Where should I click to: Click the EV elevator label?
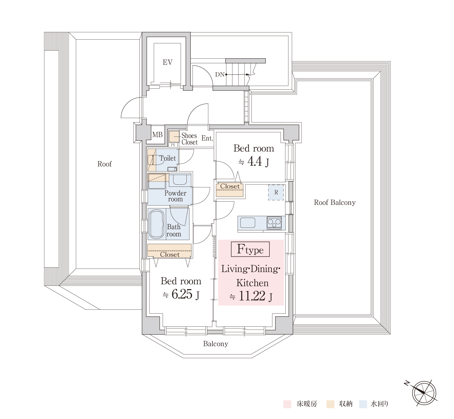168,62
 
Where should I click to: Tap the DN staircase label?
220,74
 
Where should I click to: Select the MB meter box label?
157,135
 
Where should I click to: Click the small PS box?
173,145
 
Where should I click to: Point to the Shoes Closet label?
189,139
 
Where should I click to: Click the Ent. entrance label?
207,138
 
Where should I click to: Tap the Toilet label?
168,158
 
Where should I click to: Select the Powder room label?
175,196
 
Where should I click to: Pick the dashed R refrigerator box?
276,192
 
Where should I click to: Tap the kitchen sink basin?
248,223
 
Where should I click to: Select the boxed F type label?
250,249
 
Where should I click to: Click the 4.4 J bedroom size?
254,162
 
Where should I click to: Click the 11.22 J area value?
251,296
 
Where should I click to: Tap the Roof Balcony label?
335,203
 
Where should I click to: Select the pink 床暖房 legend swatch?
287,404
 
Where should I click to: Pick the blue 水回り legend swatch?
363,404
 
